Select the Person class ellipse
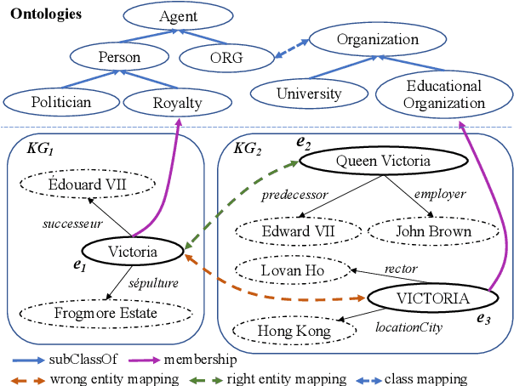point(119,58)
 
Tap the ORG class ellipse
point(227,58)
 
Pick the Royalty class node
point(178,103)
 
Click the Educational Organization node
point(443,94)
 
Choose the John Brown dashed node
point(433,231)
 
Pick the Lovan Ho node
point(289,270)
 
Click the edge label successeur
point(73,224)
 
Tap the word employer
point(440,194)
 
